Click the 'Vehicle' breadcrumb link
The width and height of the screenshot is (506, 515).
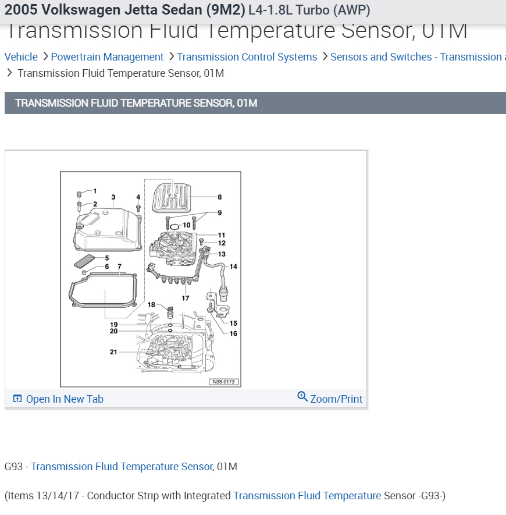click(21, 57)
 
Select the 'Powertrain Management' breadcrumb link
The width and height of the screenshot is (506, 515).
click(107, 57)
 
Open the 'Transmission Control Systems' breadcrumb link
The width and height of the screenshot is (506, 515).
click(247, 57)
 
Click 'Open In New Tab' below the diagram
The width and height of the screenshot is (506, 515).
click(64, 399)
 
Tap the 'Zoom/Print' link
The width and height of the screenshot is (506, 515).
click(336, 399)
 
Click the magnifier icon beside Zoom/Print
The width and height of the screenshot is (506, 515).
click(302, 397)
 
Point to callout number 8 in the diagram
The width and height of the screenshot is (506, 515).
click(220, 197)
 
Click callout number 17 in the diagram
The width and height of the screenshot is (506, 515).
click(185, 298)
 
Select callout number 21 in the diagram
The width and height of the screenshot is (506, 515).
click(113, 352)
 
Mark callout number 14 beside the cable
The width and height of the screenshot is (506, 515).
click(233, 267)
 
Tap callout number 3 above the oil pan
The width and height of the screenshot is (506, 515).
click(113, 197)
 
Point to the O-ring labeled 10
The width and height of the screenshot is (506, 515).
click(174, 226)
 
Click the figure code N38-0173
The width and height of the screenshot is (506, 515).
click(224, 382)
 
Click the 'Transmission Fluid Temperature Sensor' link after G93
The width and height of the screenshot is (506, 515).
click(122, 467)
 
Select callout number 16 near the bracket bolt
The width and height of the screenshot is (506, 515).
click(233, 333)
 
